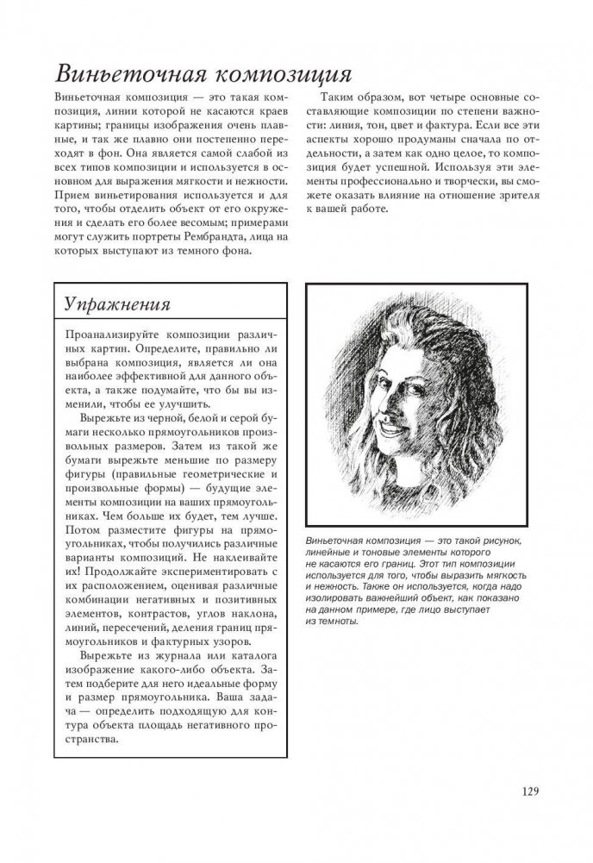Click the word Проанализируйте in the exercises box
[117, 336]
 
